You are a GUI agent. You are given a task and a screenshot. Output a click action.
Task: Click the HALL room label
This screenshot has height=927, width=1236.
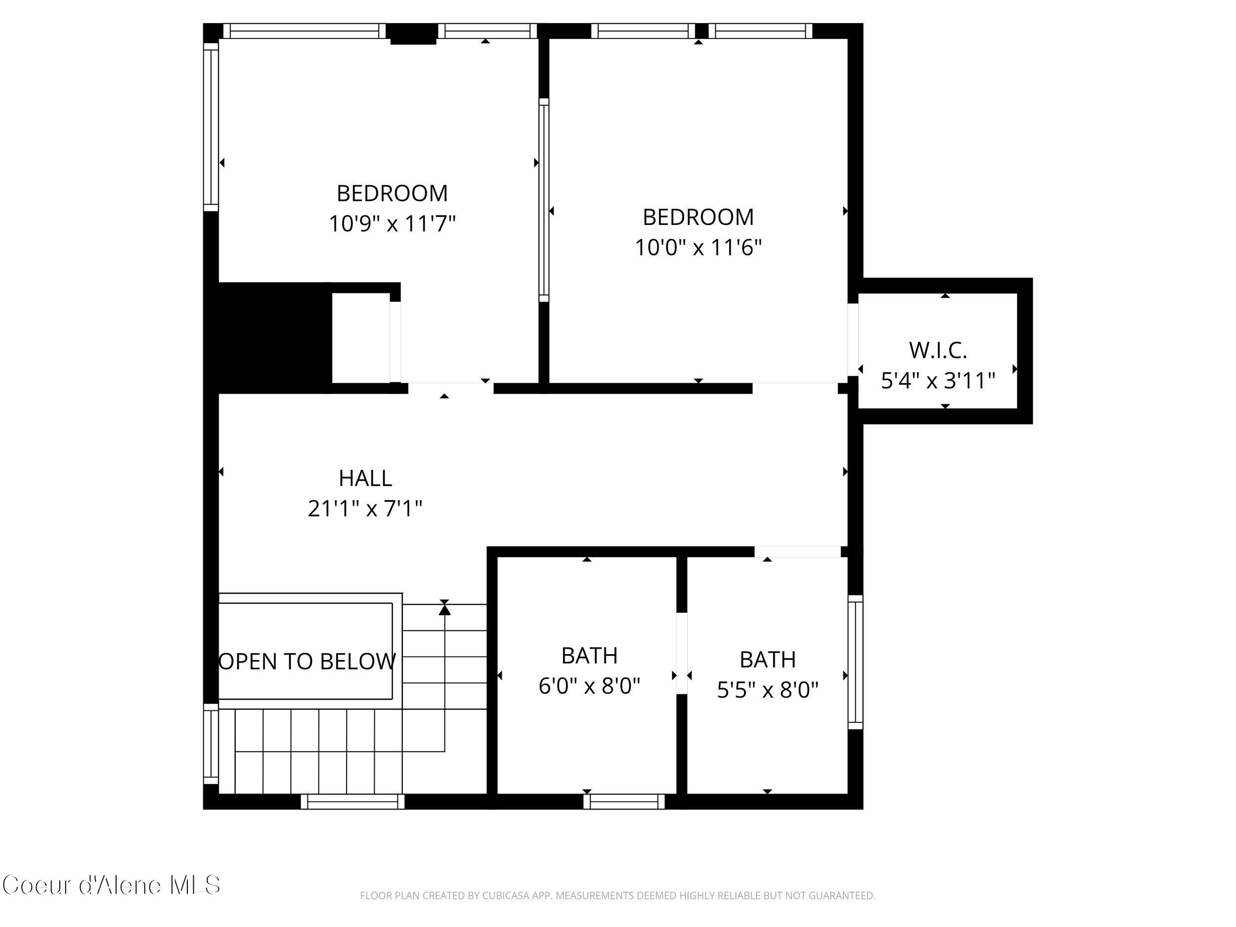click(365, 478)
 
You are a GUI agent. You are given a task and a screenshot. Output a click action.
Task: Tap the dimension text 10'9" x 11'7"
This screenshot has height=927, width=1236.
click(392, 223)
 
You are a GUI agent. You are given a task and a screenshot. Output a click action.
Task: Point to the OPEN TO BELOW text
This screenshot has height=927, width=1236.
click(307, 662)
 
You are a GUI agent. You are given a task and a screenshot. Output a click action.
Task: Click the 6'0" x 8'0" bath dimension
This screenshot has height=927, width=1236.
click(589, 686)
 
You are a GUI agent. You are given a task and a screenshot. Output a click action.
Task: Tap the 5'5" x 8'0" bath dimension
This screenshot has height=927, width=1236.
click(767, 690)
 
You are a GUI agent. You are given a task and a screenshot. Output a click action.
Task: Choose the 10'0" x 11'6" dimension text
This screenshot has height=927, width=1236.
click(698, 247)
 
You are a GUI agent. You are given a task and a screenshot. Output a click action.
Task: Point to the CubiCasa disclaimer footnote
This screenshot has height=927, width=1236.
click(617, 896)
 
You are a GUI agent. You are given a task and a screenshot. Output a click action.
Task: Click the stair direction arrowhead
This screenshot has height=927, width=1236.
click(444, 609)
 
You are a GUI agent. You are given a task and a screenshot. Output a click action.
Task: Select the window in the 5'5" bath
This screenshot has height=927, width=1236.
click(855, 662)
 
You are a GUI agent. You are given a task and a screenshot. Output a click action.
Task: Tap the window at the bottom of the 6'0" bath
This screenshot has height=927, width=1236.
click(623, 802)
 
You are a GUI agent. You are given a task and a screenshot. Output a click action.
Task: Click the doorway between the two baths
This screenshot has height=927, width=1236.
click(681, 654)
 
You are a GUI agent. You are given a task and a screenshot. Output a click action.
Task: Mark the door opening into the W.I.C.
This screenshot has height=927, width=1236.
click(853, 340)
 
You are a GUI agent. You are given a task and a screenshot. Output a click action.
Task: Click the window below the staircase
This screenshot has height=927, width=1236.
click(352, 802)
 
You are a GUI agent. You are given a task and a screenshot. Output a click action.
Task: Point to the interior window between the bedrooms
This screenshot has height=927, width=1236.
click(544, 200)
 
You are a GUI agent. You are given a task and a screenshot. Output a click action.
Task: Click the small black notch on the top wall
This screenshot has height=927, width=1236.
click(412, 34)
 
